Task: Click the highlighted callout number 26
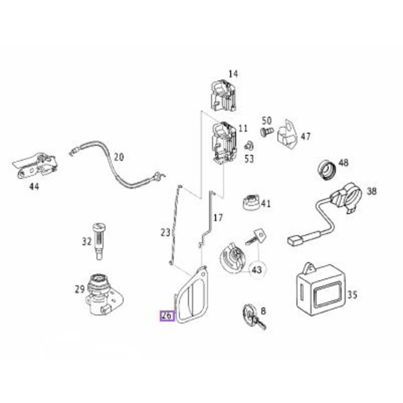(x=167, y=316)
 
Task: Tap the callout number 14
(x=233, y=74)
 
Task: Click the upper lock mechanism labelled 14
(x=223, y=95)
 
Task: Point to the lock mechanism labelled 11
(x=224, y=142)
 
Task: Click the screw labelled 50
(x=266, y=132)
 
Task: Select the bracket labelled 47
(x=287, y=133)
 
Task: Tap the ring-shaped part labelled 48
(x=327, y=170)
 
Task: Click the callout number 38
(x=372, y=191)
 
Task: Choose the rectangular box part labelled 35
(x=321, y=289)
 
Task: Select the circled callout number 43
(x=257, y=270)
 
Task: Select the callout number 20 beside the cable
(x=119, y=157)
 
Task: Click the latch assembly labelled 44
(x=35, y=166)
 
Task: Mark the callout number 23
(x=166, y=233)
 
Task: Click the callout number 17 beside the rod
(x=218, y=218)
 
